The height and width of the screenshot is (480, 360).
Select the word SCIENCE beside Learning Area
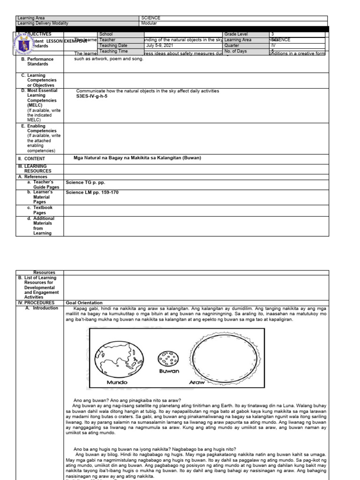coord(150,18)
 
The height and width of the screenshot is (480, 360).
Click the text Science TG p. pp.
coord(84,182)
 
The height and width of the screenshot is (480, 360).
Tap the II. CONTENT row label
coord(31,158)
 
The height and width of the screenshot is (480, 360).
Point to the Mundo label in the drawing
coord(117,382)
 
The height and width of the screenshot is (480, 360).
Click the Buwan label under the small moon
coord(169,371)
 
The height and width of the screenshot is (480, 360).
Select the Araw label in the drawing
coord(198,382)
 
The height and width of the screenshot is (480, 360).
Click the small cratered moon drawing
coord(168,359)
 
